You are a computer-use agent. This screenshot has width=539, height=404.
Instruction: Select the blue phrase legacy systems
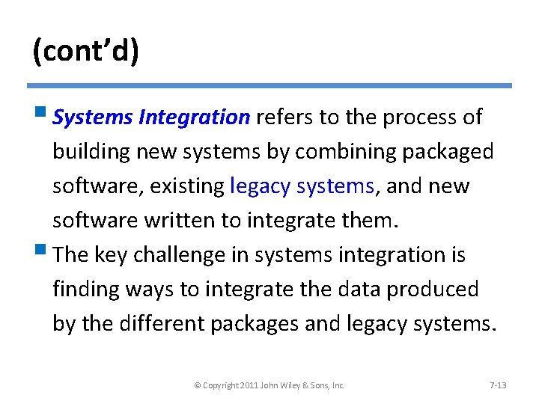pyautogui.click(x=302, y=186)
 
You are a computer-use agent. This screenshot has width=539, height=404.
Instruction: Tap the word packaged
pyautogui.click(x=448, y=152)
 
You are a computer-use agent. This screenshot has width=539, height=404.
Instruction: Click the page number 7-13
pyautogui.click(x=497, y=385)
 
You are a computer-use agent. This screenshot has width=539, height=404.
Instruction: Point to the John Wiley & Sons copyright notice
pyautogui.click(x=269, y=385)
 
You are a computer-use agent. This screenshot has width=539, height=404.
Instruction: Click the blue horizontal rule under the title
pyautogui.click(x=269, y=85)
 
